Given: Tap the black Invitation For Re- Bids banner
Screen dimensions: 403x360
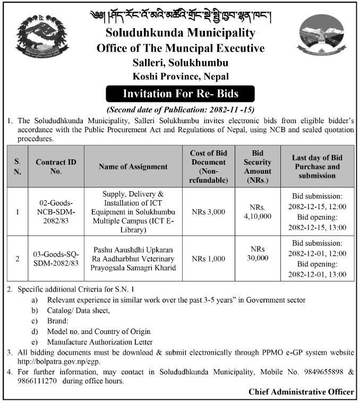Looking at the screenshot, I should tap(181, 94).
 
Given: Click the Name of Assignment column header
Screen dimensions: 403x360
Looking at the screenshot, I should tap(133, 166).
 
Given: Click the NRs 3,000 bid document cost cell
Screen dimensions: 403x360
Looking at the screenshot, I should tap(209, 212).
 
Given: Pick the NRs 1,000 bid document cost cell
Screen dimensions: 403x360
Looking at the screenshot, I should tap(209, 259).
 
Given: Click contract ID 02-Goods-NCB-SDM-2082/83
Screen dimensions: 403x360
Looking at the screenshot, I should tap(58, 212).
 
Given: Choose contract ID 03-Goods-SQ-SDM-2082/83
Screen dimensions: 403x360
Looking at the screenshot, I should tap(58, 259).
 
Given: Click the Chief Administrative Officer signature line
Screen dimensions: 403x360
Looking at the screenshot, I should tap(301, 392).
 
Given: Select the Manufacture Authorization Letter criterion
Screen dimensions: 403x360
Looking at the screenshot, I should tap(100, 342).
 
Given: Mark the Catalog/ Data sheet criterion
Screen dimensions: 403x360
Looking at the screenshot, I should tap(79, 310).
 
